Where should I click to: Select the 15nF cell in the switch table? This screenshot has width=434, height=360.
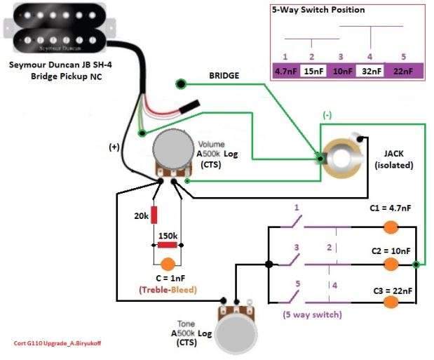click(313, 71)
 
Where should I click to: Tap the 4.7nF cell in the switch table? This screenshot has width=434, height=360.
click(285, 71)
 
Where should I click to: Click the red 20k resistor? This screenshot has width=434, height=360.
click(154, 215)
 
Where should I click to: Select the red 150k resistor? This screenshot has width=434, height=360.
click(167, 244)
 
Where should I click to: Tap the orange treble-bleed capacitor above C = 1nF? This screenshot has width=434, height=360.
click(168, 265)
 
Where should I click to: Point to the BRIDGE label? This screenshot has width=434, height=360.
click(224, 75)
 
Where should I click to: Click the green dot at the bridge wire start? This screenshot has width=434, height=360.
click(182, 85)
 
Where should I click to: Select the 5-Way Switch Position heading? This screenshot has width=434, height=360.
click(318, 11)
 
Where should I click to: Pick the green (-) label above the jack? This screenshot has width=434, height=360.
click(327, 114)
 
